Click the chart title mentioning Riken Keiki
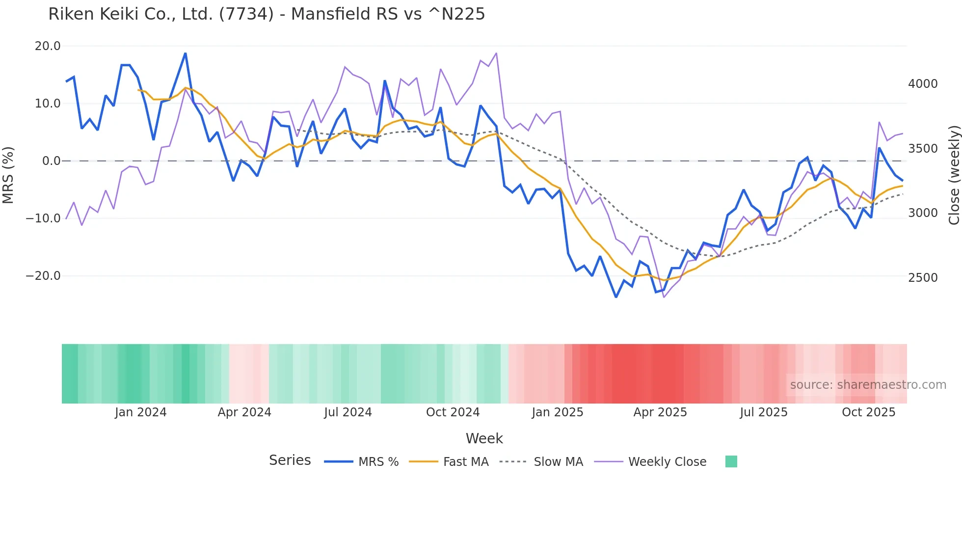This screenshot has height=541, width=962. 267,14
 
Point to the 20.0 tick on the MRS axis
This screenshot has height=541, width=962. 48,46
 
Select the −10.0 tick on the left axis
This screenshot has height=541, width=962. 43,218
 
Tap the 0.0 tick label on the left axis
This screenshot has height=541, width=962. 52,161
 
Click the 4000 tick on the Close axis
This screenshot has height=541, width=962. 923,84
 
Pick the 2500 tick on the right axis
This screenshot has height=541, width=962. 923,278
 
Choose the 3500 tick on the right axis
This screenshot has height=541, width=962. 923,149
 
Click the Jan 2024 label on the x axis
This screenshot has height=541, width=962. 141,412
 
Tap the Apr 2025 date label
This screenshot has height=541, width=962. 660,412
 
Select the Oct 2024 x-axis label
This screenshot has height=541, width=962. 453,412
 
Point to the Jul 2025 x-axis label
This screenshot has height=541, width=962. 764,412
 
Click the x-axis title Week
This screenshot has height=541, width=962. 484,438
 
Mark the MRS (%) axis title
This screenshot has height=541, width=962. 8,175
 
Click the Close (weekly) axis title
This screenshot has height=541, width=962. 954,175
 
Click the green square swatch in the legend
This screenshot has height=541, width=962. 731,461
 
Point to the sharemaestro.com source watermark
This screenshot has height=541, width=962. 868,385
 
